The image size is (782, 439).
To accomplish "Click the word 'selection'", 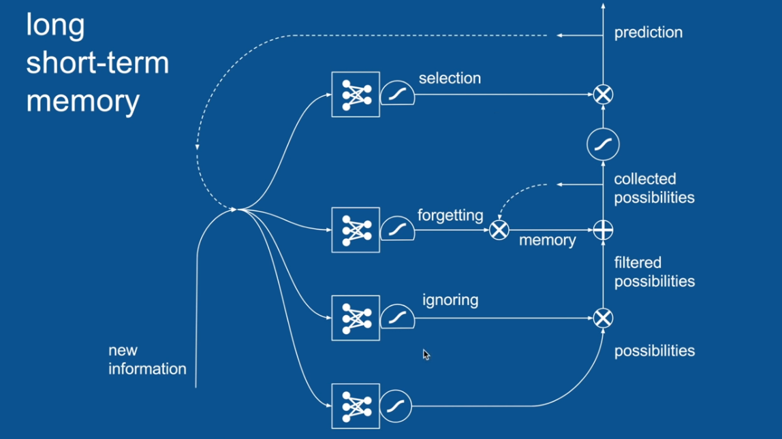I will (450, 78).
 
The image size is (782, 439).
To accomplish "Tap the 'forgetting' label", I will (450, 216).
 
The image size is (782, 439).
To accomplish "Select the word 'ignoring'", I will (450, 300).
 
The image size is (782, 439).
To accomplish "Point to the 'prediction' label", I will (648, 33).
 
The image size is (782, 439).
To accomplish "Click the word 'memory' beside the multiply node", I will (547, 240).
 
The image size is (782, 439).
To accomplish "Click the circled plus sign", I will (603, 231).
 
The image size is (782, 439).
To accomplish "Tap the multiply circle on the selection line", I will (603, 95).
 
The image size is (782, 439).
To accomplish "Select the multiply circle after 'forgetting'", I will (499, 231).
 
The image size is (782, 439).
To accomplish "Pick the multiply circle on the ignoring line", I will (603, 318).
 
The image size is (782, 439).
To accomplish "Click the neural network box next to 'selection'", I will (356, 95).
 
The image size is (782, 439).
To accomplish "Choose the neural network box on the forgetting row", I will (356, 230).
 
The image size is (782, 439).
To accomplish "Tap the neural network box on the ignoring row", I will (356, 318).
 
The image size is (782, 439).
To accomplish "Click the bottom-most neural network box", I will (356, 406).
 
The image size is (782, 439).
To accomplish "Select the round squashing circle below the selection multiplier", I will (603, 144).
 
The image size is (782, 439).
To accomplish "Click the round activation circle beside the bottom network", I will (396, 406).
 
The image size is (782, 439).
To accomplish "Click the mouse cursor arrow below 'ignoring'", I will (425, 354).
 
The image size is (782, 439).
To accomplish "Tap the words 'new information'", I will (147, 360).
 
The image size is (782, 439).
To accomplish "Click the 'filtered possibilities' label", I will (654, 272).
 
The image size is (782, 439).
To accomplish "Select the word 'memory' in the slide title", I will (82, 101).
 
